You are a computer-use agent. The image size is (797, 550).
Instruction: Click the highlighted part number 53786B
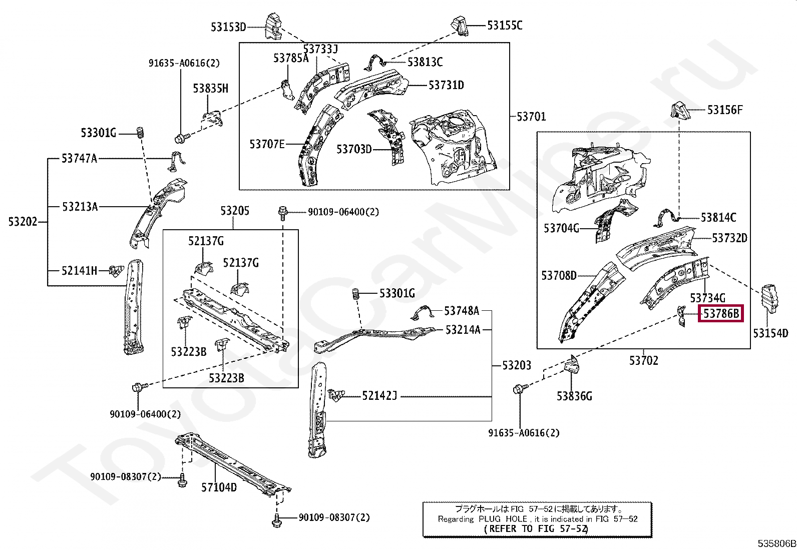[x=721, y=314]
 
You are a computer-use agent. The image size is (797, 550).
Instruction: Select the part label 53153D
[x=228, y=27]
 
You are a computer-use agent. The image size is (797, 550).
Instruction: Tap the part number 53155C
[x=505, y=26]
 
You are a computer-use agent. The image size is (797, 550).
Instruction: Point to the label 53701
[x=531, y=116]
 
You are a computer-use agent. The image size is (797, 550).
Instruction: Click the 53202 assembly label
[x=23, y=222]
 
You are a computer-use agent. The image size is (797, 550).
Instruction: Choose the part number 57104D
[x=219, y=487]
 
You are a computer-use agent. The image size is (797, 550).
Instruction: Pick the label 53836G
[x=574, y=396]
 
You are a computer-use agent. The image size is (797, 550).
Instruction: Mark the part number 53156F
[x=725, y=110]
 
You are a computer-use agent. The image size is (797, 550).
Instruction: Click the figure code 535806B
[x=776, y=543]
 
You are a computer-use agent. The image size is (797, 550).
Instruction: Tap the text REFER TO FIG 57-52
[x=536, y=528]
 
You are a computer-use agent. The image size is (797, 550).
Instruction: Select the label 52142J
[x=379, y=395]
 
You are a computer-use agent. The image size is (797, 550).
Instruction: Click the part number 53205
[x=235, y=211]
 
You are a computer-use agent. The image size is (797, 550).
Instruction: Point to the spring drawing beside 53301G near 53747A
[x=141, y=134]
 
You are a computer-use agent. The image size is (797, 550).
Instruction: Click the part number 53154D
[x=770, y=333]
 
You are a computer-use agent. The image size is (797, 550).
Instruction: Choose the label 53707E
[x=267, y=144]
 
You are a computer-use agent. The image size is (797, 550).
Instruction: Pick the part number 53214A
[x=463, y=330]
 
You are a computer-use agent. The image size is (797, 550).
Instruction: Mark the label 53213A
[x=80, y=207]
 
